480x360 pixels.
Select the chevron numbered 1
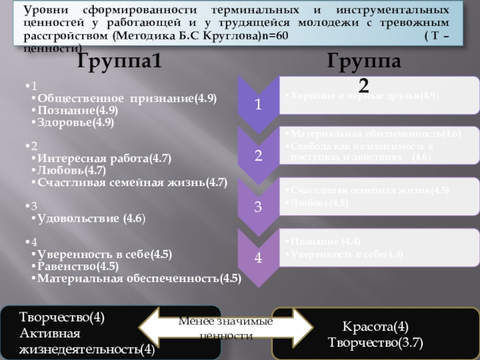(x=257, y=104)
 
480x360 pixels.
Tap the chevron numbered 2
(x=257, y=156)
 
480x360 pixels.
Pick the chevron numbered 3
(x=257, y=208)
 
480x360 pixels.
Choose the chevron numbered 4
(x=257, y=258)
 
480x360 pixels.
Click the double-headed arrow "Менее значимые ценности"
(x=226, y=328)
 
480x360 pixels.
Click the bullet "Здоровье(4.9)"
(x=76, y=122)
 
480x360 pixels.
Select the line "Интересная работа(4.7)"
(x=104, y=159)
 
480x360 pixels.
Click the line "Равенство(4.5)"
(x=77, y=266)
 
